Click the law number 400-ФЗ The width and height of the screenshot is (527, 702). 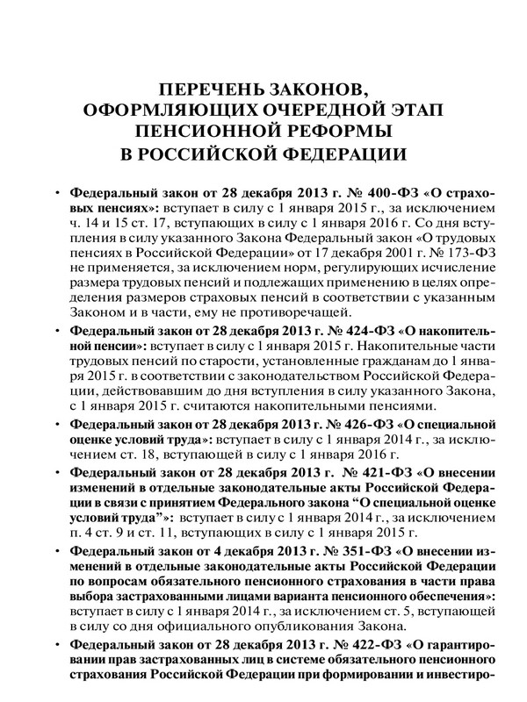(x=347, y=192)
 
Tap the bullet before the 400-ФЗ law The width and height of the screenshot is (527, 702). (x=57, y=192)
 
